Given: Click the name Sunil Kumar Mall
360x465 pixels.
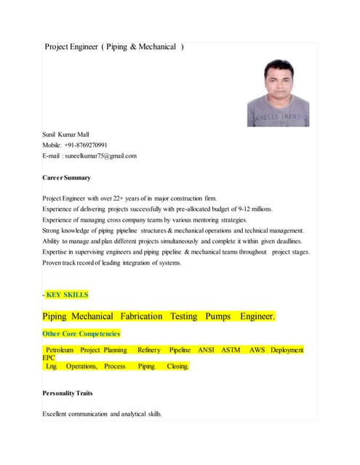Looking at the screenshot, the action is (65, 134).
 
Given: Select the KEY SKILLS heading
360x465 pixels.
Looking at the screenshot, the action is (67, 295).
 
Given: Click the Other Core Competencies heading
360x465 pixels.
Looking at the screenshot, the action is (81, 334).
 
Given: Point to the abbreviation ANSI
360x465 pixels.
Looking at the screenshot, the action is (206, 350).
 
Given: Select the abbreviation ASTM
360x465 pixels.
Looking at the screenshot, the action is (231, 350).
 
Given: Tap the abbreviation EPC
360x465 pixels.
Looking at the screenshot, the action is (49, 358).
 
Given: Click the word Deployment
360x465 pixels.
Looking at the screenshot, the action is (287, 350).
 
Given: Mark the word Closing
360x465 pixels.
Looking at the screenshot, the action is (177, 367).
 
